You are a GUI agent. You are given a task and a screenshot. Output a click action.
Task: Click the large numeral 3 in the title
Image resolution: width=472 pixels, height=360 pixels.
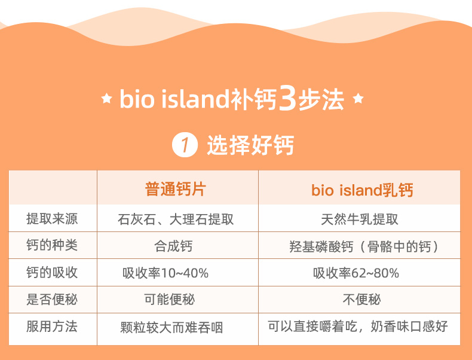[287, 98]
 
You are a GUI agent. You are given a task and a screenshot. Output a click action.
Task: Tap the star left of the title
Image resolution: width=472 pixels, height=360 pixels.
[106, 98]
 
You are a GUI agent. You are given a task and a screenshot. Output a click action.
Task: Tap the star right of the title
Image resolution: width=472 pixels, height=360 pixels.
[358, 98]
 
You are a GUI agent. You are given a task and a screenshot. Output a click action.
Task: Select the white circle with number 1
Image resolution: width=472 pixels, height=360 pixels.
[185, 145]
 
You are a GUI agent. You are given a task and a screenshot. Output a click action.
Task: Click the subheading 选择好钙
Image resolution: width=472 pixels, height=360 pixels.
[250, 145]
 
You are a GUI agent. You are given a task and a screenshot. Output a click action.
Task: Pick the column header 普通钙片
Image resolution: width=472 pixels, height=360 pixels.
[176, 190]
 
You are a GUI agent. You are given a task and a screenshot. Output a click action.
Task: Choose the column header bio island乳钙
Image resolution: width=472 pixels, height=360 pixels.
[362, 190]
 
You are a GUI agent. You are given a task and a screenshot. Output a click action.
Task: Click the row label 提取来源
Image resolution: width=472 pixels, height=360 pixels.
[52, 219]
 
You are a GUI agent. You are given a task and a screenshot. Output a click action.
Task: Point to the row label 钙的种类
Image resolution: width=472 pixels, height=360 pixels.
[52, 245]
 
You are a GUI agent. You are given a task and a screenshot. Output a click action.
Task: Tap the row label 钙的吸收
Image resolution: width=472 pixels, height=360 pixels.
[52, 272]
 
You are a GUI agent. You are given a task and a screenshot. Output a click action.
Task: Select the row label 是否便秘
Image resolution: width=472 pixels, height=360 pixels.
[52, 300]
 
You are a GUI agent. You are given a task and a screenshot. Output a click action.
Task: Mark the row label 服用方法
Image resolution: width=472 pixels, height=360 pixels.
[52, 327]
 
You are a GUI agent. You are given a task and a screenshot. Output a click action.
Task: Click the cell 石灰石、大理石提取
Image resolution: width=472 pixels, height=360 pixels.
[176, 219]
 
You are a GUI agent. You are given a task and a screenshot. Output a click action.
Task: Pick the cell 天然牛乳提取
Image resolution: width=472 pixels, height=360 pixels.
[360, 219]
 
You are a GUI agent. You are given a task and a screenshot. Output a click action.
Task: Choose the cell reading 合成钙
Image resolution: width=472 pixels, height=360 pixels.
[173, 246]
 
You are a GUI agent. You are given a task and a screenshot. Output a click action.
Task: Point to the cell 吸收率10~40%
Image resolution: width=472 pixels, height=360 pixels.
[165, 273]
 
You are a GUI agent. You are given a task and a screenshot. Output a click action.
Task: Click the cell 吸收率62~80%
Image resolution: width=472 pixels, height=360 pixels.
[356, 273]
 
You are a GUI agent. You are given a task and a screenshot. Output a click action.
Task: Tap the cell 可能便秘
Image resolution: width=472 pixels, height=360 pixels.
[170, 300]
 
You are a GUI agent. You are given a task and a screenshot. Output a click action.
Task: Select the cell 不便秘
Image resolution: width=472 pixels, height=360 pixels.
[362, 300]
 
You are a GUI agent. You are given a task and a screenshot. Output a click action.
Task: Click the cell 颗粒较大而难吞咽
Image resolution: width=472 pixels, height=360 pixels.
[171, 328]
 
